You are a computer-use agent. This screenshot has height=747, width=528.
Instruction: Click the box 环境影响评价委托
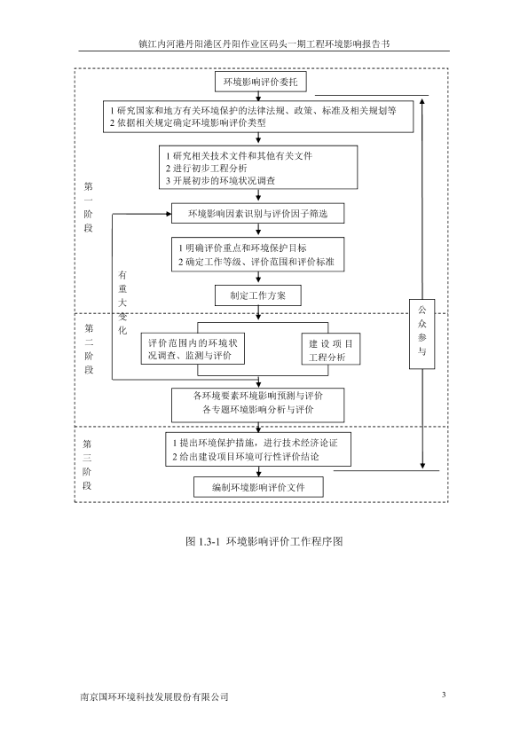tap(260, 82)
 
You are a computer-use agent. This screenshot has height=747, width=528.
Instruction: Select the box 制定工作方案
tap(258, 295)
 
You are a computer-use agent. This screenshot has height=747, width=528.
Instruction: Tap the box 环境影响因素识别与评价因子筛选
tap(258, 214)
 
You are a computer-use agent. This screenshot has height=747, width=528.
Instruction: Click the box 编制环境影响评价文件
tap(258, 487)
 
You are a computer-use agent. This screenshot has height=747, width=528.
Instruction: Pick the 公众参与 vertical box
tap(422, 334)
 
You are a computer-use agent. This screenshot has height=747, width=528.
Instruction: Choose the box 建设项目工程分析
tap(331, 350)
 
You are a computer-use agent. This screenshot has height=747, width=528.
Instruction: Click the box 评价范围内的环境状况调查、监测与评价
tap(193, 349)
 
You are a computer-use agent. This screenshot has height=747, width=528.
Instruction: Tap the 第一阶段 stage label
tap(88, 207)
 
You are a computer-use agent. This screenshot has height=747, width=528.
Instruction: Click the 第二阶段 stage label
tap(89, 349)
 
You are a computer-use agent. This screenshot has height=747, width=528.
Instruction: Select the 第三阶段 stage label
tap(87, 465)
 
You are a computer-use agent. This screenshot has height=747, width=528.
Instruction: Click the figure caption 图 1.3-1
tap(264, 541)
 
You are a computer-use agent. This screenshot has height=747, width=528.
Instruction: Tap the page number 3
tap(444, 695)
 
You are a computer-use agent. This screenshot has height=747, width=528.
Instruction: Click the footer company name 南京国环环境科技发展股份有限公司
tap(154, 696)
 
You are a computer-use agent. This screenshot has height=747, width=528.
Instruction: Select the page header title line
tap(264, 43)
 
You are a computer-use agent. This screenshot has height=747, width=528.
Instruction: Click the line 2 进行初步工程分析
tap(207, 169)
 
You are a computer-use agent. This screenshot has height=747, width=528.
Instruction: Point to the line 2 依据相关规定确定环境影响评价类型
tap(188, 123)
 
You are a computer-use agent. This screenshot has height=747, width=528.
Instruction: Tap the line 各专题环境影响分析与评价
tap(258, 409)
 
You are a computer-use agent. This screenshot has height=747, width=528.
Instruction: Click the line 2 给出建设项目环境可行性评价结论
tap(246, 456)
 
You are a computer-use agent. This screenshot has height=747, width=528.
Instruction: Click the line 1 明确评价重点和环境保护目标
tap(242, 248)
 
